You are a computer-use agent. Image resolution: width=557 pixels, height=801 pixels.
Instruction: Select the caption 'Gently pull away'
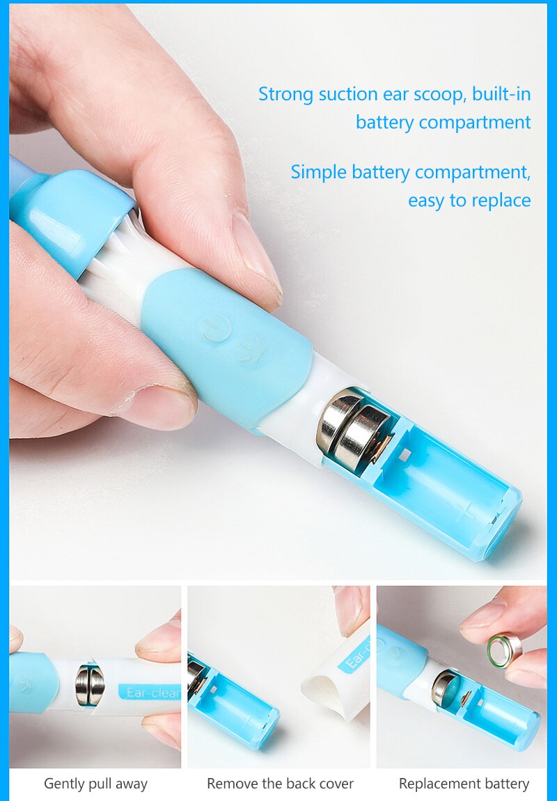click(x=95, y=784)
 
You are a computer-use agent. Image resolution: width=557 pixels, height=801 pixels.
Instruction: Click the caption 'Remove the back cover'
click(x=280, y=784)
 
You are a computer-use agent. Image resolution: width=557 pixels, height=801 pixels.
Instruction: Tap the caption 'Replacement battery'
click(x=464, y=784)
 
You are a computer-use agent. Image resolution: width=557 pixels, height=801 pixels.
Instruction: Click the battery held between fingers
click(x=503, y=650)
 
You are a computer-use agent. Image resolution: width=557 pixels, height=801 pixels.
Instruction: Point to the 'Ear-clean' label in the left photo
click(x=150, y=692)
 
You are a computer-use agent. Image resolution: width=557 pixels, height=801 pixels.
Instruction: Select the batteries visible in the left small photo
click(x=90, y=685)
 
